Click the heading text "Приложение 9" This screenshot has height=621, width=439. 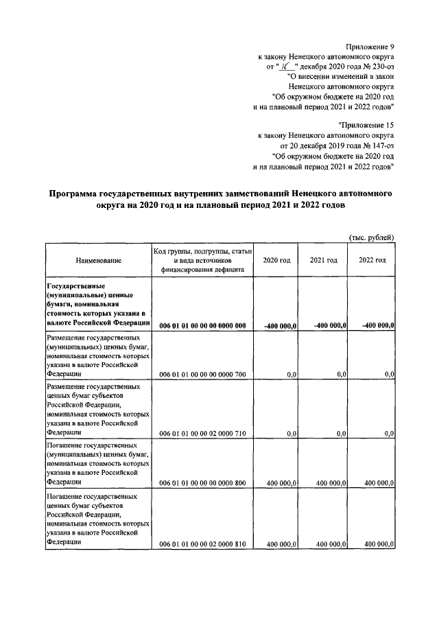coord(371,46)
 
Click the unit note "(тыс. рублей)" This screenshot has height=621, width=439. coord(372,237)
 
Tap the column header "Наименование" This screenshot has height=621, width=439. coord(99,261)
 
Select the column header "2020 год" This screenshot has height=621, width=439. coord(276,261)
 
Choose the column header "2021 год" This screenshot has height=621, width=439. coord(323,261)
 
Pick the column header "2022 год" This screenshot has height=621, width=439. coord(372,261)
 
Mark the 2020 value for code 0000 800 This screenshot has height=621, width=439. coord(281,483)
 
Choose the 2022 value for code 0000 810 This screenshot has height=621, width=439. coord(379,543)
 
